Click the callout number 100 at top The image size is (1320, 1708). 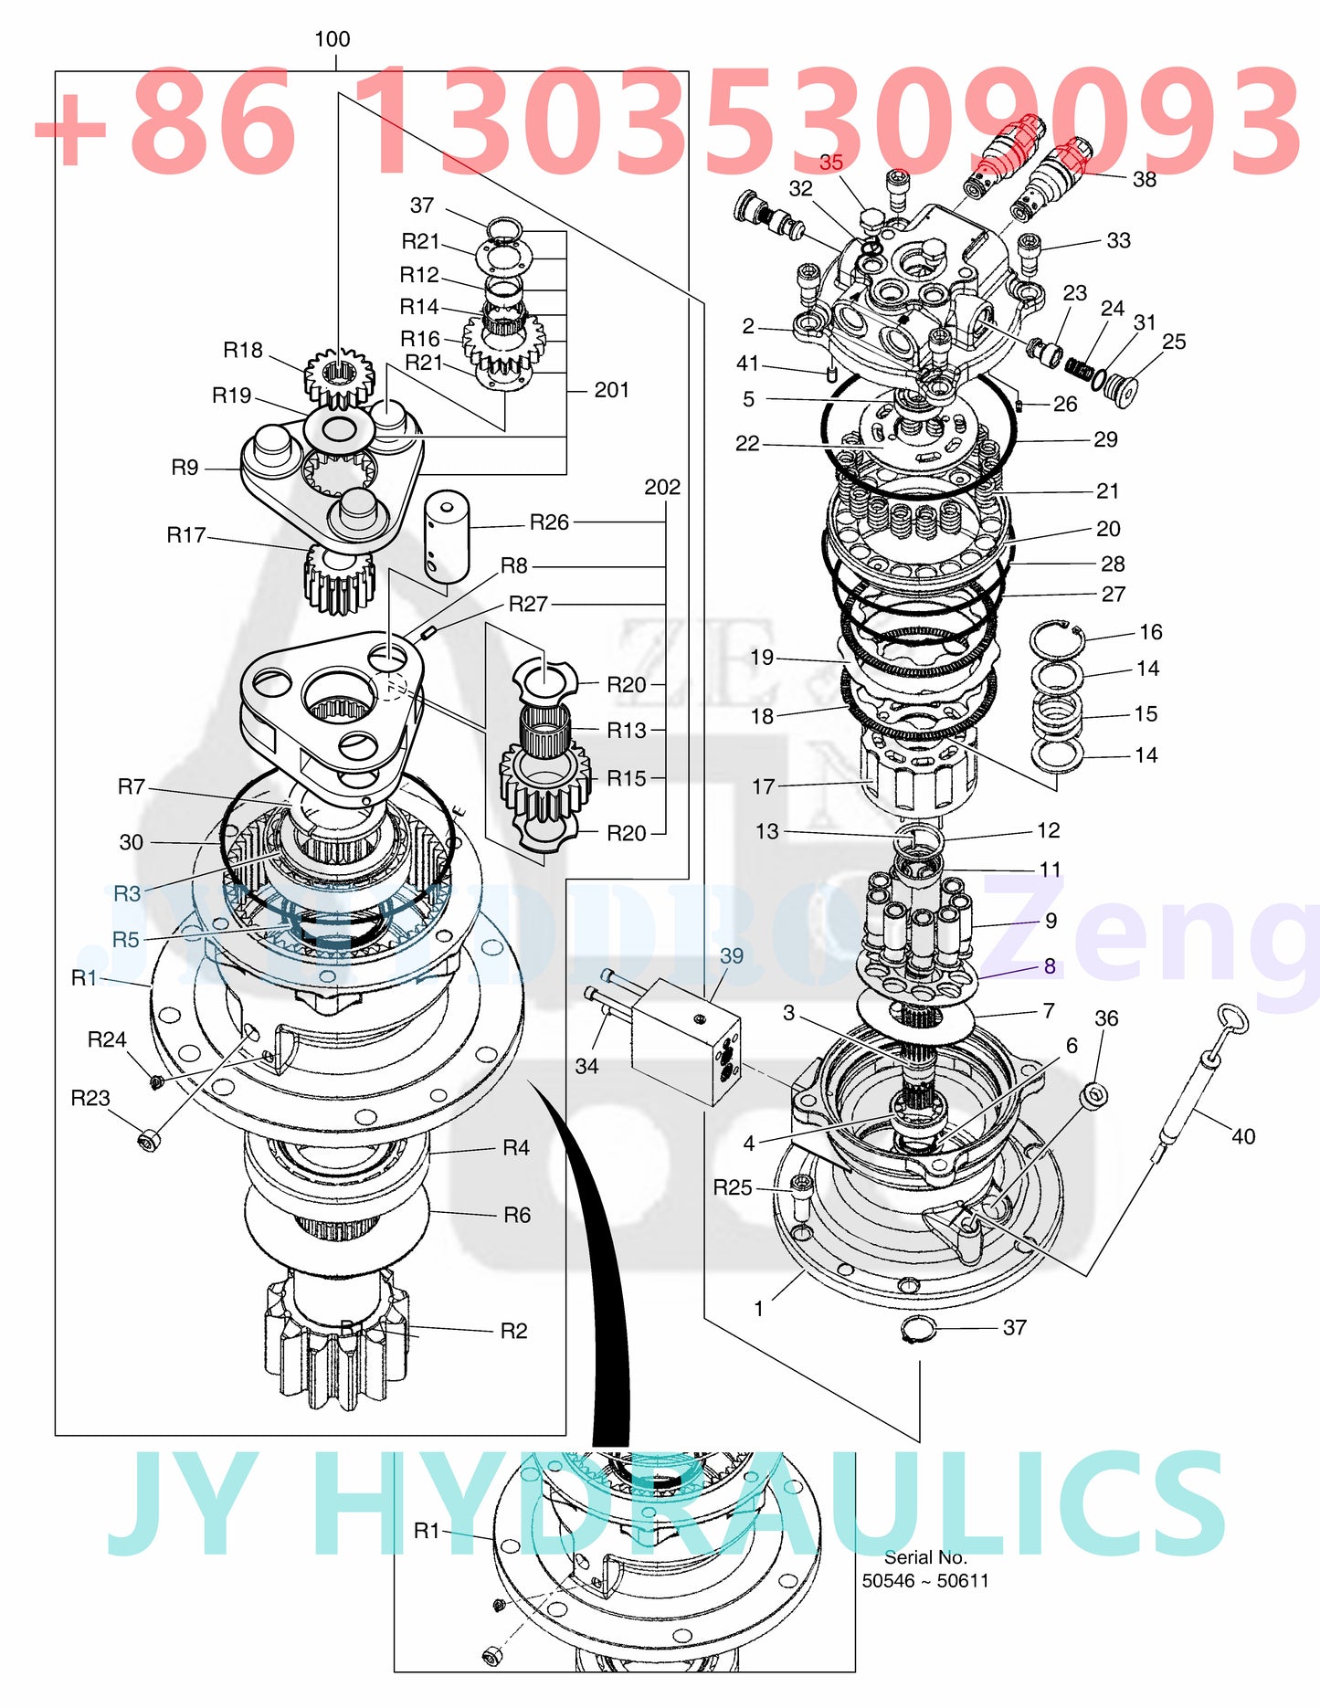(x=332, y=39)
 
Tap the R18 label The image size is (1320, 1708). (x=243, y=350)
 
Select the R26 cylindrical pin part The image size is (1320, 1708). (x=447, y=537)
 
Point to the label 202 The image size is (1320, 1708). (x=662, y=487)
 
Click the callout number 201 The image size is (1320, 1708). (x=611, y=390)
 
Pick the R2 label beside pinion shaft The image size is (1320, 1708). (x=513, y=1331)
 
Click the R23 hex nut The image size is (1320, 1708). (x=149, y=1140)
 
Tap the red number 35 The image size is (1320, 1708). (x=830, y=163)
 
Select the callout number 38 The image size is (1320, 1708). (x=1144, y=180)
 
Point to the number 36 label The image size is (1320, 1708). (x=1106, y=1018)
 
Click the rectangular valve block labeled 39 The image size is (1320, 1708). (x=685, y=1041)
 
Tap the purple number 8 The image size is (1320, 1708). (x=1050, y=966)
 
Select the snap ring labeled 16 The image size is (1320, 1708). (x=1056, y=638)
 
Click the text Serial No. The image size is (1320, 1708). (x=924, y=1557)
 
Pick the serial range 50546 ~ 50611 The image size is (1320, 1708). (x=924, y=1581)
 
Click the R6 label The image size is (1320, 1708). (x=516, y=1215)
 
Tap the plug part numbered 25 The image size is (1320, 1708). (x=1119, y=385)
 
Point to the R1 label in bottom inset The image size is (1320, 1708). (x=427, y=1530)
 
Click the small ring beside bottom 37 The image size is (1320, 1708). (x=918, y=1330)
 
